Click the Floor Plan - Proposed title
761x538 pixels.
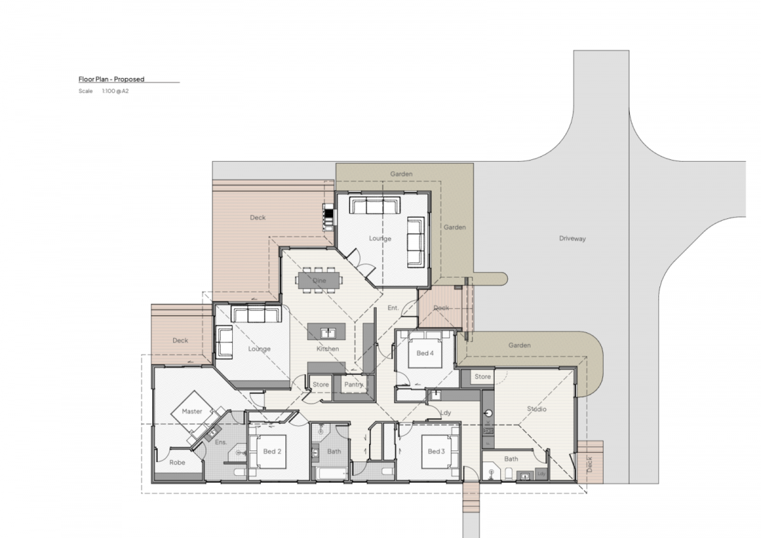[112, 79]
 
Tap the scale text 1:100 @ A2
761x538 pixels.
[115, 91]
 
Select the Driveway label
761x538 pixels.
[573, 239]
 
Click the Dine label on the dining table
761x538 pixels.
[320, 280]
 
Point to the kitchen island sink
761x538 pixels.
[328, 332]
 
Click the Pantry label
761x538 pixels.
[354, 384]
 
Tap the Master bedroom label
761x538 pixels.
[192, 411]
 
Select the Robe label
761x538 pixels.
[178, 463]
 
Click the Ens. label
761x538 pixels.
[221, 442]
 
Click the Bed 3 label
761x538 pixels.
[436, 451]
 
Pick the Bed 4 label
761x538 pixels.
[425, 353]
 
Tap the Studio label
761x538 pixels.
[537, 409]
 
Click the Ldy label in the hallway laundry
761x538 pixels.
[446, 412]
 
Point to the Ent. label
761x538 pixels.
[393, 308]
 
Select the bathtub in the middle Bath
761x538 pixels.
[332, 473]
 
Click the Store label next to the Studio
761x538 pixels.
[483, 377]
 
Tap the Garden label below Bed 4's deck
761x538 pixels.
[519, 345]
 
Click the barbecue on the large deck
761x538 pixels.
[329, 217]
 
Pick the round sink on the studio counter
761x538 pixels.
[488, 413]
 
